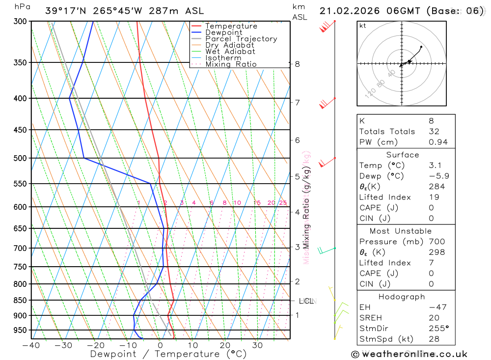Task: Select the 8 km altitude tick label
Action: pos(298,64)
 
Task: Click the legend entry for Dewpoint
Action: pos(224,32)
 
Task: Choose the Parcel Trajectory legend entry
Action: pos(241,39)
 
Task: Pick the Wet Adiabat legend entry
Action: pos(230,52)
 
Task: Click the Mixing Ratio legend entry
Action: pos(231,64)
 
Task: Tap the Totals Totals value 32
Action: pos(434,132)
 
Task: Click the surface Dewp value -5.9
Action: pos(438,176)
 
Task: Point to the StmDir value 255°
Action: pos(438,329)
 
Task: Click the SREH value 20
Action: pos(434,318)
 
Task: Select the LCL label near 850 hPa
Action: pos(306,301)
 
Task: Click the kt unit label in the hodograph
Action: pos(363,26)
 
